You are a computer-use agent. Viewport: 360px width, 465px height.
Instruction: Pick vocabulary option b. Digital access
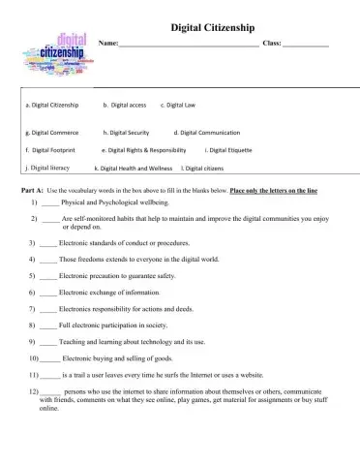pos(125,103)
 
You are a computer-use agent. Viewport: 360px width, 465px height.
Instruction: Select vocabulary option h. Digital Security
pos(126,132)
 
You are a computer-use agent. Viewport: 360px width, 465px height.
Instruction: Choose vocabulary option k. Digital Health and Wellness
pos(134,169)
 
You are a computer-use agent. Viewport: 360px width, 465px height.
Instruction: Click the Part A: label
pos(32,191)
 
